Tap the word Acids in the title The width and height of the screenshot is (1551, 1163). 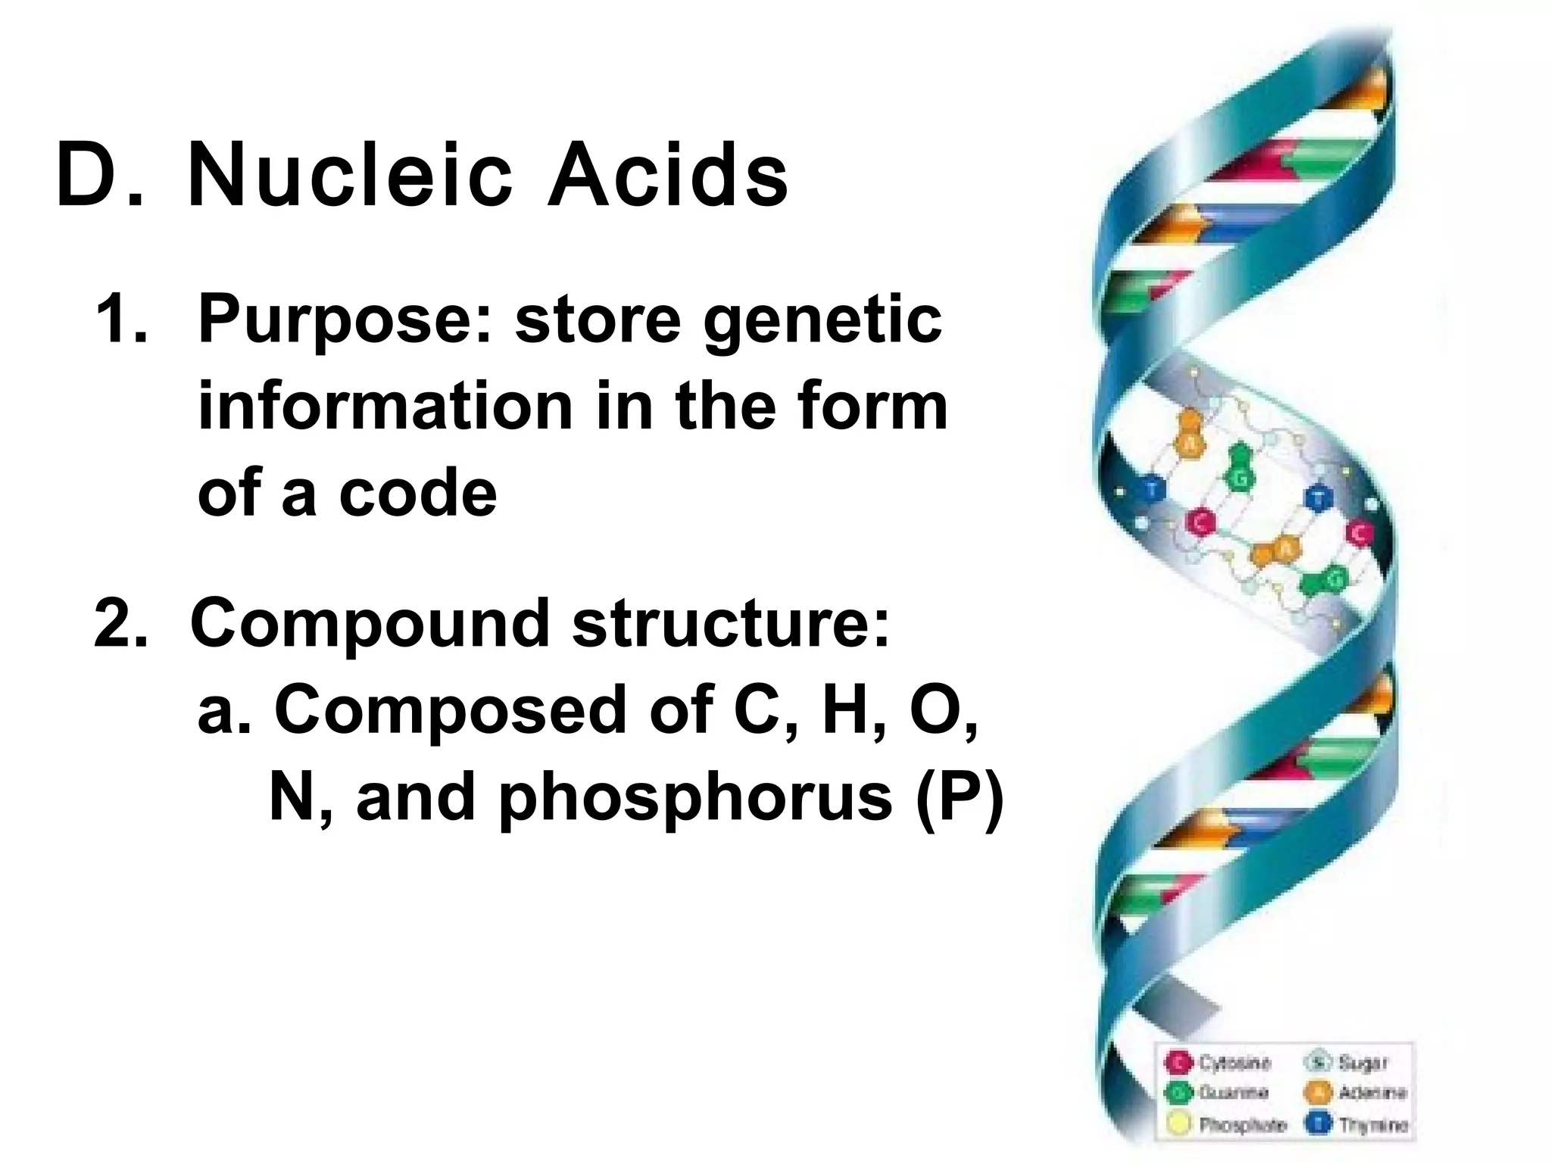(668, 176)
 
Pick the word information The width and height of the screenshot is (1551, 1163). (385, 407)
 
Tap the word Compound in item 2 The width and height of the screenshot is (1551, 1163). (370, 625)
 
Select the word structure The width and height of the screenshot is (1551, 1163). (730, 624)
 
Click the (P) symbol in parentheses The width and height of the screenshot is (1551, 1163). (960, 798)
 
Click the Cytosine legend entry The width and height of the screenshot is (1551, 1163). (1233, 1062)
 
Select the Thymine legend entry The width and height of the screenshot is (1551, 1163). (1372, 1124)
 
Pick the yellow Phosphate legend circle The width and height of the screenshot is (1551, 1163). (1179, 1124)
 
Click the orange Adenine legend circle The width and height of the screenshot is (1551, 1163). (1319, 1093)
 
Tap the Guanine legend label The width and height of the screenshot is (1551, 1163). (1232, 1093)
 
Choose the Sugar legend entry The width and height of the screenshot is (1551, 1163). (1362, 1062)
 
